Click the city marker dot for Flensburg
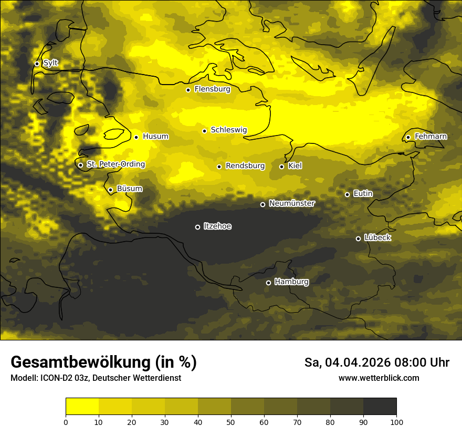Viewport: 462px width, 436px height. pos(188,90)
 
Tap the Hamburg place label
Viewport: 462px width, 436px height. pos(291,282)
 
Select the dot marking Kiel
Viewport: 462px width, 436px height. pos(281,167)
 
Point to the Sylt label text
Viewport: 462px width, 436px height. pos(50,63)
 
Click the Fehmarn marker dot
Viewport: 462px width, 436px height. pos(408,137)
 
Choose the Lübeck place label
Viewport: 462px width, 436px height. pos(377,237)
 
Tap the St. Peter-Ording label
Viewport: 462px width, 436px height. pos(115,164)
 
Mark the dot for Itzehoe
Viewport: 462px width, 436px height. pos(197,227)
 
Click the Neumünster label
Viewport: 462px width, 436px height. pos(292,203)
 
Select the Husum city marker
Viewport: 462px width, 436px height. pos(136,137)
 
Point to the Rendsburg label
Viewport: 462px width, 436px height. pos(245,166)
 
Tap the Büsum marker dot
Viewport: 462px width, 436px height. pos(110,190)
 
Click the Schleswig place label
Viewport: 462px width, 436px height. pos(229,130)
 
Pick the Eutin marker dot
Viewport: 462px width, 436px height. pos(347,194)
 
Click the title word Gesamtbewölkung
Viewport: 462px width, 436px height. pos(81,362)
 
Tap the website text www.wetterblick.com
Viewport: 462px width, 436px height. pos(379,378)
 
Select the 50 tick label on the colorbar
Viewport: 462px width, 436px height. pos(231,422)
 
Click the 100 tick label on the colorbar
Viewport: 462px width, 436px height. pos(396,422)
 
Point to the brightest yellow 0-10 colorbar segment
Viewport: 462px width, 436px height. pos(82,406)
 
